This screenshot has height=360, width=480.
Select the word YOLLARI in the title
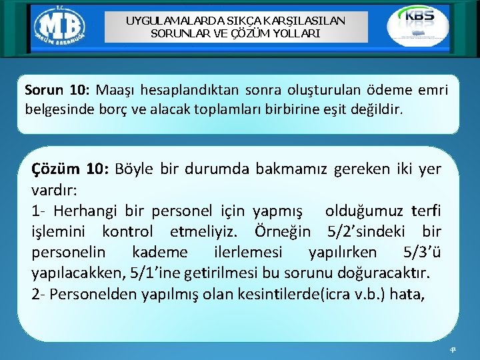coord(296,32)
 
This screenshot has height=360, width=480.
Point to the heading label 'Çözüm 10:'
coord(70,169)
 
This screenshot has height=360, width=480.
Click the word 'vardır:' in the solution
coord(55,190)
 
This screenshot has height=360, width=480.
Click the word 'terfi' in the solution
coord(425,211)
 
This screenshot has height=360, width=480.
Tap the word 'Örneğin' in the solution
coord(283,231)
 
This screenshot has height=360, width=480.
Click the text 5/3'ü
coord(422,252)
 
